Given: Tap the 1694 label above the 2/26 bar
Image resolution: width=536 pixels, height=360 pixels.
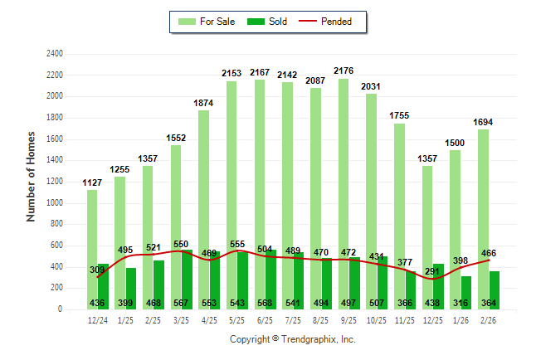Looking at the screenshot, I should [483, 122].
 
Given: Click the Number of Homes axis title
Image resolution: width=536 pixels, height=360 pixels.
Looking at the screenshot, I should [32, 176].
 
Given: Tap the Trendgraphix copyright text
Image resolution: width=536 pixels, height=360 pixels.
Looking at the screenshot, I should [292, 339].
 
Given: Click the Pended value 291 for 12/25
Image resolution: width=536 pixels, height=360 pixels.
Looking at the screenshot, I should [431, 270].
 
